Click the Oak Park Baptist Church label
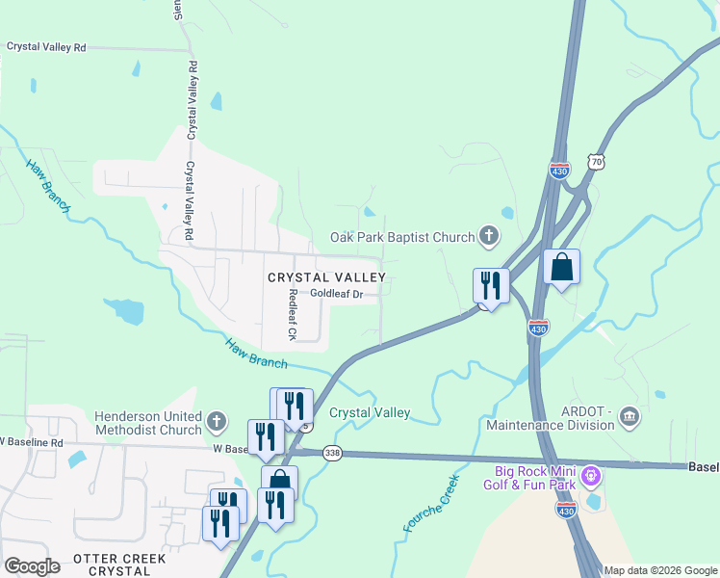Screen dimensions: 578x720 (x=402, y=237)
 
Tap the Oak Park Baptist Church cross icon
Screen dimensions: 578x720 (x=489, y=235)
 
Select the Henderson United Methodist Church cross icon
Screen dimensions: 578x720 (x=217, y=420)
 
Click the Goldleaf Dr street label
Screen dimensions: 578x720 (x=336, y=294)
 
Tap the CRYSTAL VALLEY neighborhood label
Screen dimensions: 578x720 (x=326, y=277)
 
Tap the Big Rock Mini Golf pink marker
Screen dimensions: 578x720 (x=592, y=475)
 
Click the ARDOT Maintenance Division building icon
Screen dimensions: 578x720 (x=630, y=416)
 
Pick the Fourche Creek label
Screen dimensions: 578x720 (x=430, y=503)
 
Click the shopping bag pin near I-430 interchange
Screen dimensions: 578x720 (x=561, y=267)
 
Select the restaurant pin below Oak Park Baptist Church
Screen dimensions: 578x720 (x=491, y=285)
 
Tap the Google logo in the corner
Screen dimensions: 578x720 (x=32, y=566)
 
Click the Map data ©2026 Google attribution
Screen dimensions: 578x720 (x=659, y=570)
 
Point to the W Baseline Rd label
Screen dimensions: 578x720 (x=32, y=442)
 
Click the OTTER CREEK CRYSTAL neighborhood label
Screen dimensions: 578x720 (x=118, y=565)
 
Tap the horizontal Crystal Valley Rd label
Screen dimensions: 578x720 (x=46, y=46)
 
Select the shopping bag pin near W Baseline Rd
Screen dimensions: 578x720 (x=279, y=483)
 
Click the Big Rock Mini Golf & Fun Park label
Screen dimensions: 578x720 (x=535, y=478)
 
